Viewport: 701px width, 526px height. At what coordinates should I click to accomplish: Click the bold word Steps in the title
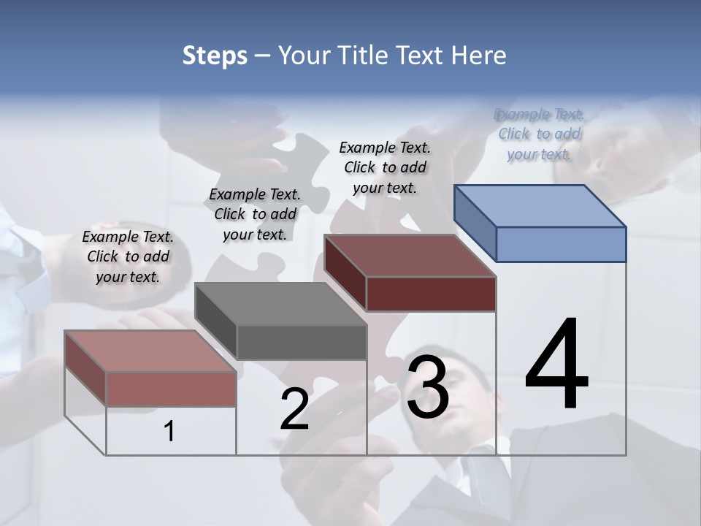click(x=215, y=56)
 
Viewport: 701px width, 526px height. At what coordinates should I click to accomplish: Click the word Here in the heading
click(x=479, y=56)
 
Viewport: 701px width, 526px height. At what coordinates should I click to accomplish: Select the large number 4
click(x=556, y=365)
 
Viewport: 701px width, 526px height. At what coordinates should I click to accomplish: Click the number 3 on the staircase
click(x=428, y=387)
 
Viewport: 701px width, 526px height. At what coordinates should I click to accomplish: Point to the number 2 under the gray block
click(x=294, y=409)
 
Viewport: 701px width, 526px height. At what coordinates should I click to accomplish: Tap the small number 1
click(x=169, y=431)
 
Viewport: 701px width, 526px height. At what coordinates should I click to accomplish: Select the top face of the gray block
click(x=280, y=303)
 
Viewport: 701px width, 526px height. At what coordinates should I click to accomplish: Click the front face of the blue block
click(x=561, y=244)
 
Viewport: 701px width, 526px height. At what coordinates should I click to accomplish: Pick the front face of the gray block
click(x=301, y=342)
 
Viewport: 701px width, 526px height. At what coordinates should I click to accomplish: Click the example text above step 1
click(x=128, y=256)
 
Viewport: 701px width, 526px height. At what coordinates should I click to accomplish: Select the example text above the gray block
click(x=255, y=214)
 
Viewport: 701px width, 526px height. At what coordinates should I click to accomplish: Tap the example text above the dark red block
click(x=385, y=167)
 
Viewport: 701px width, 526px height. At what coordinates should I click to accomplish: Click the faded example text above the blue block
click(x=539, y=134)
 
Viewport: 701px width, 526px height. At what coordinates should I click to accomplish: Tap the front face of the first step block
click(x=171, y=389)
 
